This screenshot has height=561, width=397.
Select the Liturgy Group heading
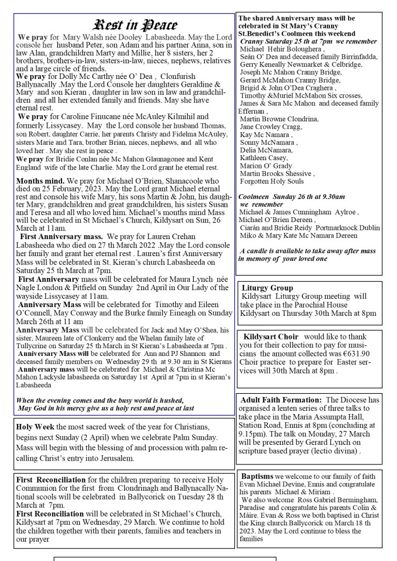[x=267, y=288]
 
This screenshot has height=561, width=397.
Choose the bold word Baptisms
[x=257, y=475]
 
